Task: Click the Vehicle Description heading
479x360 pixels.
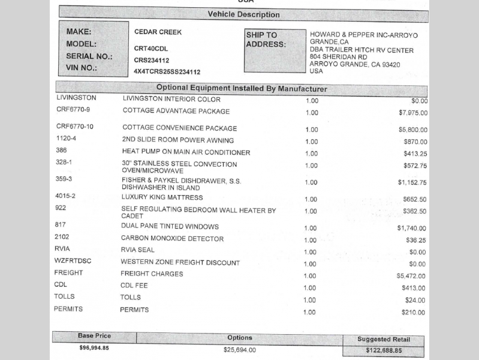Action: click(x=243, y=14)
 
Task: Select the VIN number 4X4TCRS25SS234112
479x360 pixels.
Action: click(x=167, y=72)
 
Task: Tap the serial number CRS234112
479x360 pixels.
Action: click(x=151, y=60)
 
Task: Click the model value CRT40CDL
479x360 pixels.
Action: click(x=150, y=48)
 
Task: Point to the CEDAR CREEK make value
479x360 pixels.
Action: click(x=158, y=32)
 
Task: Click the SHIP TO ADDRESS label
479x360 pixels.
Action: click(x=266, y=40)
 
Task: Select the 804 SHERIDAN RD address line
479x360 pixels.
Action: click(x=338, y=57)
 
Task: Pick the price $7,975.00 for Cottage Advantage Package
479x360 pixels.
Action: click(x=412, y=113)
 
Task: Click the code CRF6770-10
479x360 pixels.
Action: click(x=74, y=127)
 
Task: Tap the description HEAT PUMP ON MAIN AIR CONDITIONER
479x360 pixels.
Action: click(x=186, y=152)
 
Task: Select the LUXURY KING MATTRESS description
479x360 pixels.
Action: click(x=162, y=197)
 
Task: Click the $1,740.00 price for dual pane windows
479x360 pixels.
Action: click(x=411, y=229)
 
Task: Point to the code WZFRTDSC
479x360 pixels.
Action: click(x=73, y=261)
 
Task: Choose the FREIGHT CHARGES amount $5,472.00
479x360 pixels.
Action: click(x=411, y=276)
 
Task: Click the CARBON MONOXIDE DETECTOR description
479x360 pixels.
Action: click(x=172, y=238)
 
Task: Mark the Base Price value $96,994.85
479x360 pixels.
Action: click(x=94, y=347)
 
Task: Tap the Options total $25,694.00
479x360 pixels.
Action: click(x=239, y=350)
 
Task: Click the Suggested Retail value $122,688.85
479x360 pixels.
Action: click(x=384, y=351)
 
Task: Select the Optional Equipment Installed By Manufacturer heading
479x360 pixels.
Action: click(x=242, y=89)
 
